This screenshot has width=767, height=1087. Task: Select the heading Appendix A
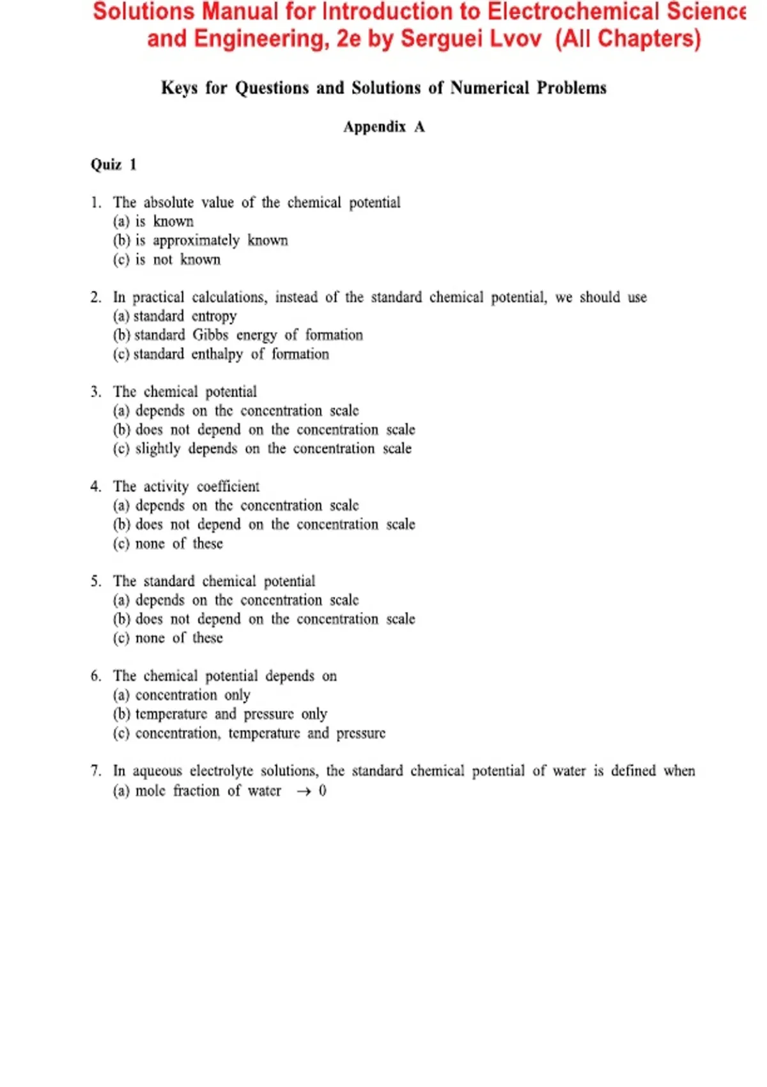coord(383,127)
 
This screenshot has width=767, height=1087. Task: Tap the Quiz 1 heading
coord(113,164)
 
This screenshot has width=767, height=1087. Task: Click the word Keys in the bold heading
coord(180,88)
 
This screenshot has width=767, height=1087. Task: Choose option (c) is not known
coord(167,260)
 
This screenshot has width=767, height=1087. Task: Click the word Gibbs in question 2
coord(210,335)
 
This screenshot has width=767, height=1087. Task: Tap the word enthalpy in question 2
coord(217,354)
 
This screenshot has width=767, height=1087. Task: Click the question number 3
coord(96,391)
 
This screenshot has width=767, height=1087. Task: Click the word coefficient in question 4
coord(228,487)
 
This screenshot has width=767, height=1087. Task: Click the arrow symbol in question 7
coord(304,792)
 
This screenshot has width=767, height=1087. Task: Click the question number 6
coord(96,676)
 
